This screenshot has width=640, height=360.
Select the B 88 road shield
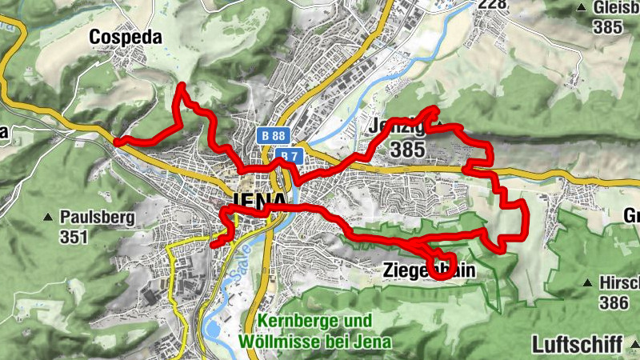pos(272,136)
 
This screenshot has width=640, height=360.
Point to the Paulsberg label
pos(97,217)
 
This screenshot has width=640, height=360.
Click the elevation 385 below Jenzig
pos(407,149)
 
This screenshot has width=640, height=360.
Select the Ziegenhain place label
pos(429,270)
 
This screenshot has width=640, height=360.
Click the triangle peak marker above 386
pos(586,282)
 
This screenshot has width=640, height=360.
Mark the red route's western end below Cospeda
pos(117,142)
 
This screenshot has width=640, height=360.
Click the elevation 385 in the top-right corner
pos(608,26)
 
